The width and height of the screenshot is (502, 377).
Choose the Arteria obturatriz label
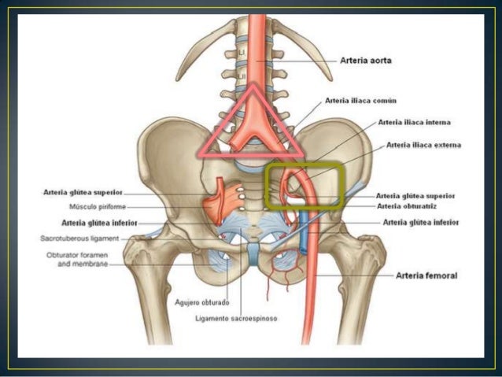(x=405, y=206)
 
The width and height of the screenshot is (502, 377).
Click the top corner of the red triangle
(x=253, y=87)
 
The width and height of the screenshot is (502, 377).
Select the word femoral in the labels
(x=443, y=276)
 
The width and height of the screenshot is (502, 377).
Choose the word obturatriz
(x=416, y=206)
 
